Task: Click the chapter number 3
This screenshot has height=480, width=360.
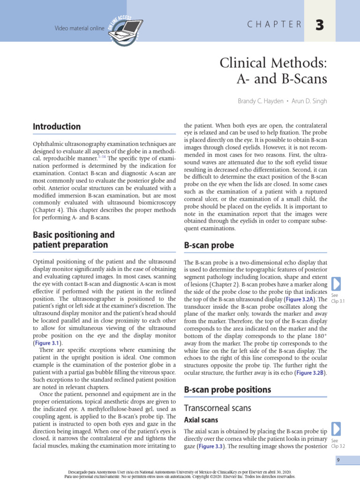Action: (319, 26)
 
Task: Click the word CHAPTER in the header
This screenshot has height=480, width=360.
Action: (274, 25)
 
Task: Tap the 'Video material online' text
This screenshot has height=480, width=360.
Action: (79, 28)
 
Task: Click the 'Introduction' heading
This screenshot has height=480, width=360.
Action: (57, 127)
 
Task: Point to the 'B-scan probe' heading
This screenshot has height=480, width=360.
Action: (209, 245)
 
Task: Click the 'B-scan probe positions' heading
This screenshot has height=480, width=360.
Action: (227, 390)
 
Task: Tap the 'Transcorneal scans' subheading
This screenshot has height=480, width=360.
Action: (217, 408)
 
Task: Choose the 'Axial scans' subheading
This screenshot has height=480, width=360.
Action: (201, 420)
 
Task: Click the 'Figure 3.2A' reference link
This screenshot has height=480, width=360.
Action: (300, 299)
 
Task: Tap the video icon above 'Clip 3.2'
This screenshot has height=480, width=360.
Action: (336, 429)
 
